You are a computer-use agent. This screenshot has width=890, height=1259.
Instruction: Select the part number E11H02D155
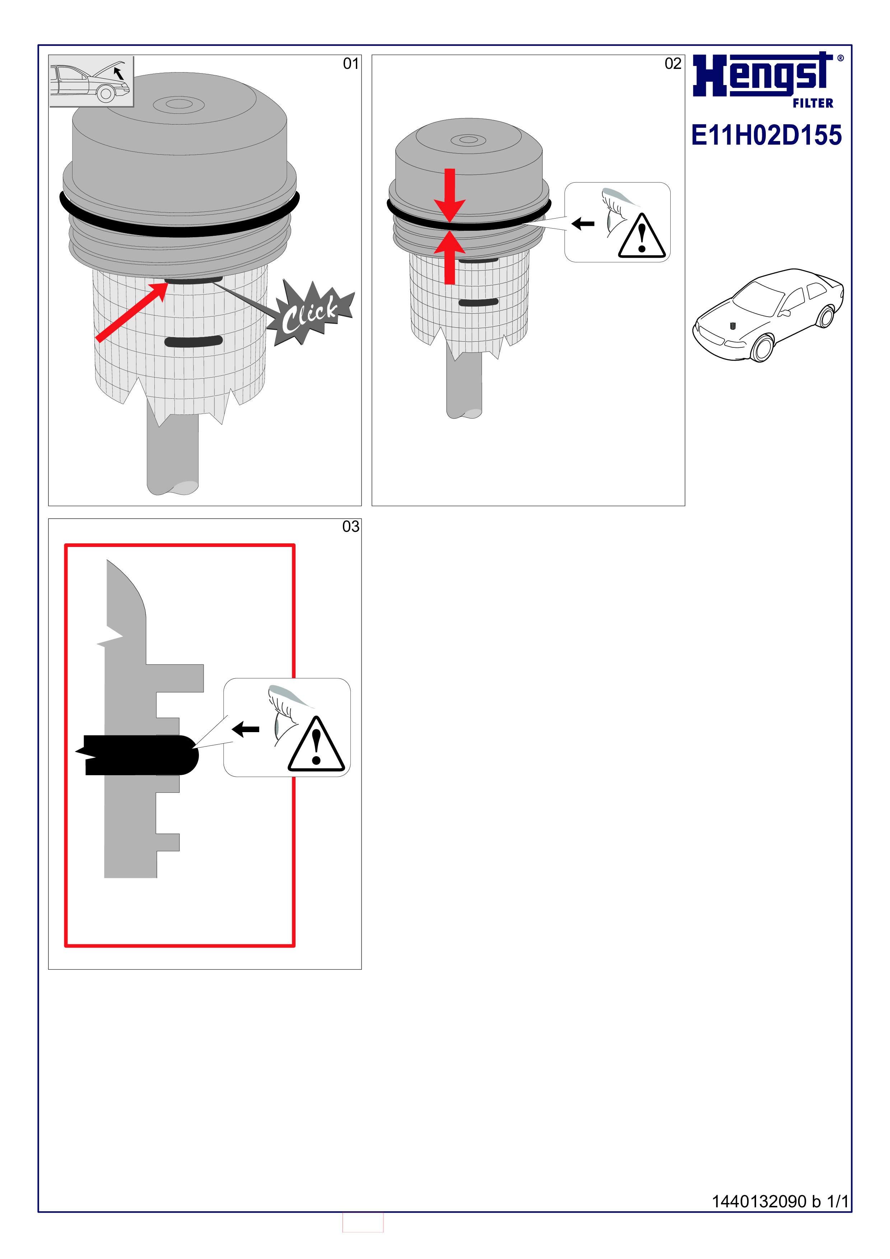click(766, 135)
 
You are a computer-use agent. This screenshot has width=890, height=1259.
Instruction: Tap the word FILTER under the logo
click(813, 103)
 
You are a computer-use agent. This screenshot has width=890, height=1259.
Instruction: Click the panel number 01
click(350, 64)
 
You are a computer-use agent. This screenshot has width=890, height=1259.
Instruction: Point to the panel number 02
click(673, 64)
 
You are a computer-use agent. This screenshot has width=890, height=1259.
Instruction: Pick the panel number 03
click(350, 526)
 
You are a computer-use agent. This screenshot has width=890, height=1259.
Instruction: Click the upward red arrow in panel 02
click(449, 257)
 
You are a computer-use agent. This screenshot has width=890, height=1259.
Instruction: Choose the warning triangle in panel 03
click(316, 744)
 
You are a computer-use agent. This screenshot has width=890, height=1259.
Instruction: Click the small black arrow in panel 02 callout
click(583, 224)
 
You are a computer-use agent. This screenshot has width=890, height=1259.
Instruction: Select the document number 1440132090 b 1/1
click(780, 1202)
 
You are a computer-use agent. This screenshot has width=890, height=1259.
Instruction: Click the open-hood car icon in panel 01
click(91, 81)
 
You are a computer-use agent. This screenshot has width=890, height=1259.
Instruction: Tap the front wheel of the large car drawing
click(762, 348)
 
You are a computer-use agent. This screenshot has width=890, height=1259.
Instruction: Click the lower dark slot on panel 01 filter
click(194, 341)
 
